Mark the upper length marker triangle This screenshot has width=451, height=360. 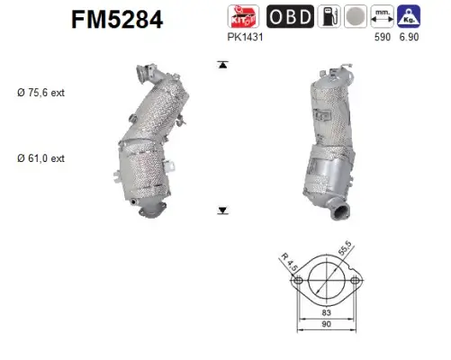pos(220,65)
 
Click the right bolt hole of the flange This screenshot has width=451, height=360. pos(357,282)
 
